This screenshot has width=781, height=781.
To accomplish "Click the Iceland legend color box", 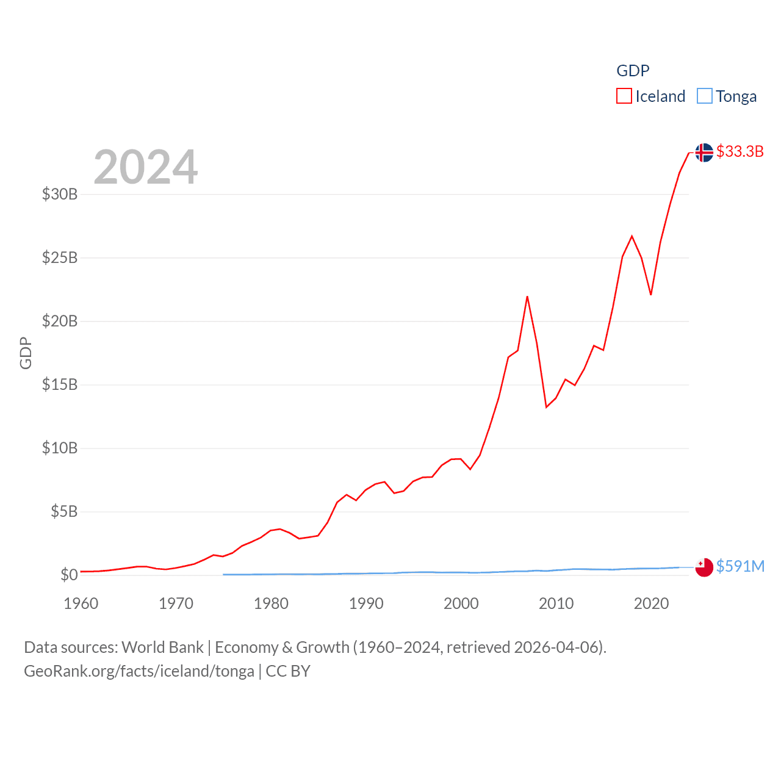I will click(x=624, y=96).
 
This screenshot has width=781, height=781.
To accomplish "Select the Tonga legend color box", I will click(x=704, y=96).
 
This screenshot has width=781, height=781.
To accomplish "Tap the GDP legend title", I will click(x=633, y=71).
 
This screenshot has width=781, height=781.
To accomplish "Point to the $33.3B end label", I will click(x=740, y=151).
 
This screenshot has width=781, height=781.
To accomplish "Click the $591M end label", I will click(x=740, y=566).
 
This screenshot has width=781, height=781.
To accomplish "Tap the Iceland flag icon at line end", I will click(x=704, y=153).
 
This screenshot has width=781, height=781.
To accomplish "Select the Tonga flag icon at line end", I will click(x=704, y=567).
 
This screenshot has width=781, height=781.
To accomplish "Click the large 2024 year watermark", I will click(x=146, y=167).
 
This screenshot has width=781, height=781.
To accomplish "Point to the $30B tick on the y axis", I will click(x=60, y=194).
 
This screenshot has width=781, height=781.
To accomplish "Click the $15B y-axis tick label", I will click(x=60, y=384).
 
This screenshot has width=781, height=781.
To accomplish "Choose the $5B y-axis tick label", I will click(x=64, y=511).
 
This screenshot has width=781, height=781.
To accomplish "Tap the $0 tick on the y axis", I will click(x=69, y=575).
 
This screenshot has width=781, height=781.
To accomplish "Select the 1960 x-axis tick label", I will click(x=81, y=603).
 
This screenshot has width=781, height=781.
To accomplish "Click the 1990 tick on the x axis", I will click(x=366, y=603).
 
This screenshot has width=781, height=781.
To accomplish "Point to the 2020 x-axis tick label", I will click(x=651, y=603).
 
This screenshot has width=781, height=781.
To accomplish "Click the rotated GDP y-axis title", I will click(x=26, y=353).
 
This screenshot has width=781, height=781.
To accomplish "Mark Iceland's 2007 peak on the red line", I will click(x=527, y=297).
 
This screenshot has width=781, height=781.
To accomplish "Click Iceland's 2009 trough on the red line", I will click(x=546, y=407).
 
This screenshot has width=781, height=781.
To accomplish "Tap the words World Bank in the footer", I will click(x=162, y=647).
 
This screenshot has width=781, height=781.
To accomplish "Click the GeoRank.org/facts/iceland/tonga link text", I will click(x=139, y=671).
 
